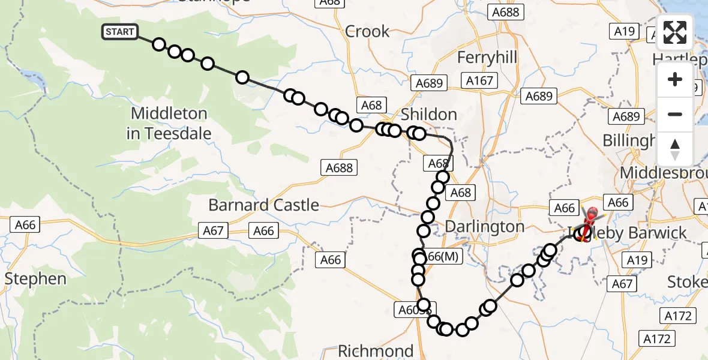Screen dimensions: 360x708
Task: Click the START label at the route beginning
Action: click(x=120, y=32)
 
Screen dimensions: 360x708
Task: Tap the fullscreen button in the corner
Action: click(x=675, y=32)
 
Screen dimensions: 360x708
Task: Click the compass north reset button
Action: click(x=675, y=149)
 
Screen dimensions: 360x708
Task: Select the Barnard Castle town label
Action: click(x=263, y=205)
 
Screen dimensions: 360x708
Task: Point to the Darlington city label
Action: click(x=485, y=227)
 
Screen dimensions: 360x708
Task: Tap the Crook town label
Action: click(x=367, y=31)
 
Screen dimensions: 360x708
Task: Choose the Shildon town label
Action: click(x=428, y=115)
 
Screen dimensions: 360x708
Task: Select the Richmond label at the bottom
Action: click(x=376, y=350)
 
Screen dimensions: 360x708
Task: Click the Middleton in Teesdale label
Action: click(x=169, y=123)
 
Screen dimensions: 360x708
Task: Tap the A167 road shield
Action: click(x=479, y=80)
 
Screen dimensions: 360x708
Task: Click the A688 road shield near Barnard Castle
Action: click(x=340, y=168)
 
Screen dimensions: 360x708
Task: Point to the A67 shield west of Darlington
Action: click(x=214, y=230)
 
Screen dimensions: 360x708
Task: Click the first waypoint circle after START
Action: click(x=158, y=44)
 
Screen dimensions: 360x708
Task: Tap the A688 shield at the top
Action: click(x=507, y=11)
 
